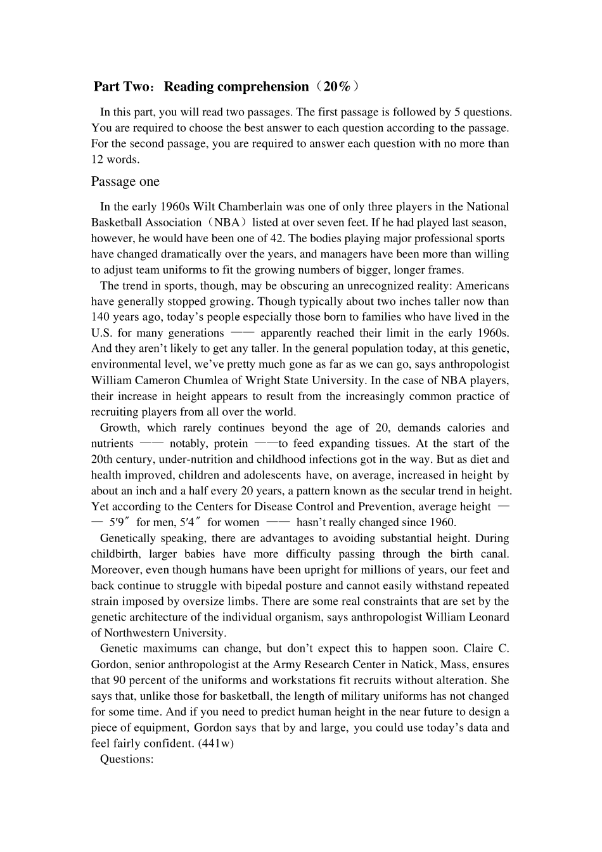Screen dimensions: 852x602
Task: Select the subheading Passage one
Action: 125,182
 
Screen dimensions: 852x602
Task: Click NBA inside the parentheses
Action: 226,223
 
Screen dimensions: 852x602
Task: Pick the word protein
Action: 231,444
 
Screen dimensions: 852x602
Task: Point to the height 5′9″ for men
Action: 120,523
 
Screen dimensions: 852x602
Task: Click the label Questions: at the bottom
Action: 127,759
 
